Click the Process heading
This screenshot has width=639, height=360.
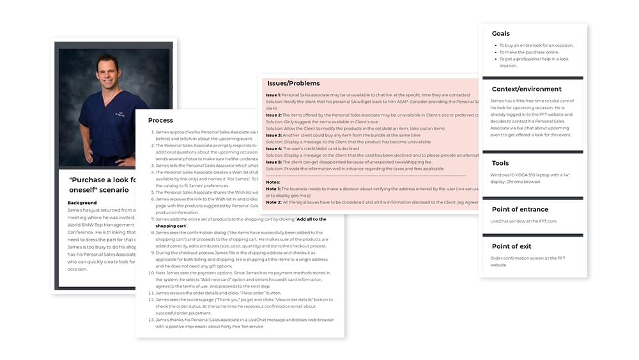pos(160,120)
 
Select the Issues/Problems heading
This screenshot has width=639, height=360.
pos(293,83)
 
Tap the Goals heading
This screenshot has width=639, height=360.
pos(501,33)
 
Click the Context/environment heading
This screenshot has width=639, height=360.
pos(527,89)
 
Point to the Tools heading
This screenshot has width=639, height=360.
pos(500,163)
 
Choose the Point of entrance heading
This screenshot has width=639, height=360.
pos(520,209)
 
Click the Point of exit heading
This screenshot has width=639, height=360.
pos(511,246)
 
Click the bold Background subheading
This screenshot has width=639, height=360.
pos(82,203)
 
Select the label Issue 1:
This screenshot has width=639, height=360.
pos(273,95)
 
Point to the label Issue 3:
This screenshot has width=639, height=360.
pos(273,135)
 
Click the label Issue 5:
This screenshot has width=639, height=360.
pos(273,162)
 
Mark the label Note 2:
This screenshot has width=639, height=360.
pos(273,202)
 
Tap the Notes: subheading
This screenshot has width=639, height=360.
pos(273,182)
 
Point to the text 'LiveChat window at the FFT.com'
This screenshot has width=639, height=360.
pos(523,221)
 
